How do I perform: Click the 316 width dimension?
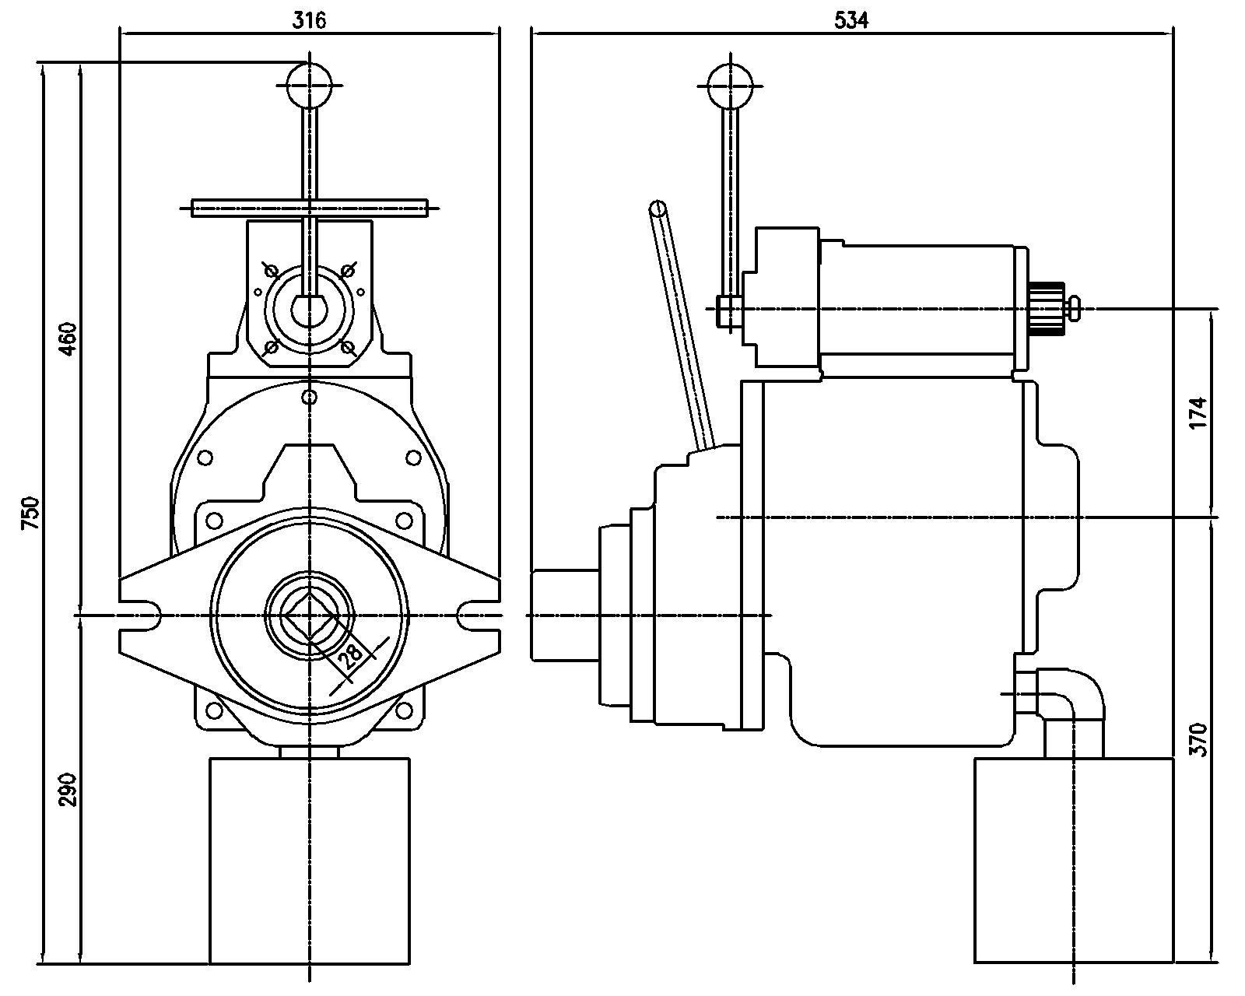tap(309, 20)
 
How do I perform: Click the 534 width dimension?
tap(851, 20)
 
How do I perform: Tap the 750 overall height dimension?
tap(30, 514)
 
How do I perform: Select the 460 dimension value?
tap(68, 338)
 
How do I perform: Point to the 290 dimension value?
tap(68, 789)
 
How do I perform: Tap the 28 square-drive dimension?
tap(352, 654)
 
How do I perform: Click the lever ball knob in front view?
tap(310, 85)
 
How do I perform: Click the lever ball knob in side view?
tap(731, 85)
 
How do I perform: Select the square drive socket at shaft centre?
tap(310, 615)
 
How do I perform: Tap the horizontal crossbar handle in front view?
tap(310, 208)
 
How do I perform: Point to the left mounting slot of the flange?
tap(144, 615)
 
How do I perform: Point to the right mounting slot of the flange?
tap(476, 615)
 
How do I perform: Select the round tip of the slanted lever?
tap(658, 209)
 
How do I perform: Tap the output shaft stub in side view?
tap(564, 615)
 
